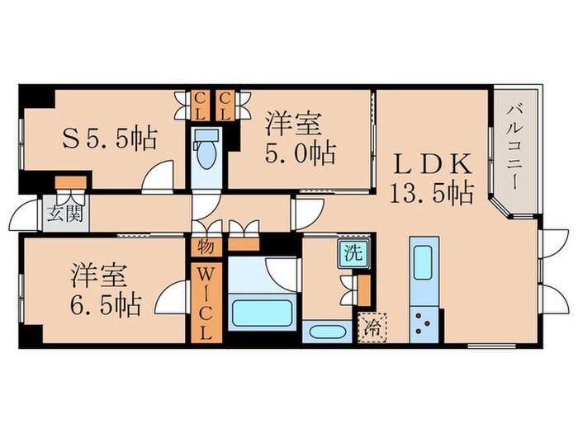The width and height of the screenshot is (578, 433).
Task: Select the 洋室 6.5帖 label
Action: coord(105,291)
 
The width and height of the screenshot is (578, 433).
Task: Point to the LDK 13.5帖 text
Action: coord(430,178)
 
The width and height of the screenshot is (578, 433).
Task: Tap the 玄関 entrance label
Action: coord(54,214)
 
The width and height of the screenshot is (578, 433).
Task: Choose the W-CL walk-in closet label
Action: coord(205,301)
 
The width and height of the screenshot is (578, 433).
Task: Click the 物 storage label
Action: coord(205,245)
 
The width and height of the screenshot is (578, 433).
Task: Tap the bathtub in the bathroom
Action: coord(261,313)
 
